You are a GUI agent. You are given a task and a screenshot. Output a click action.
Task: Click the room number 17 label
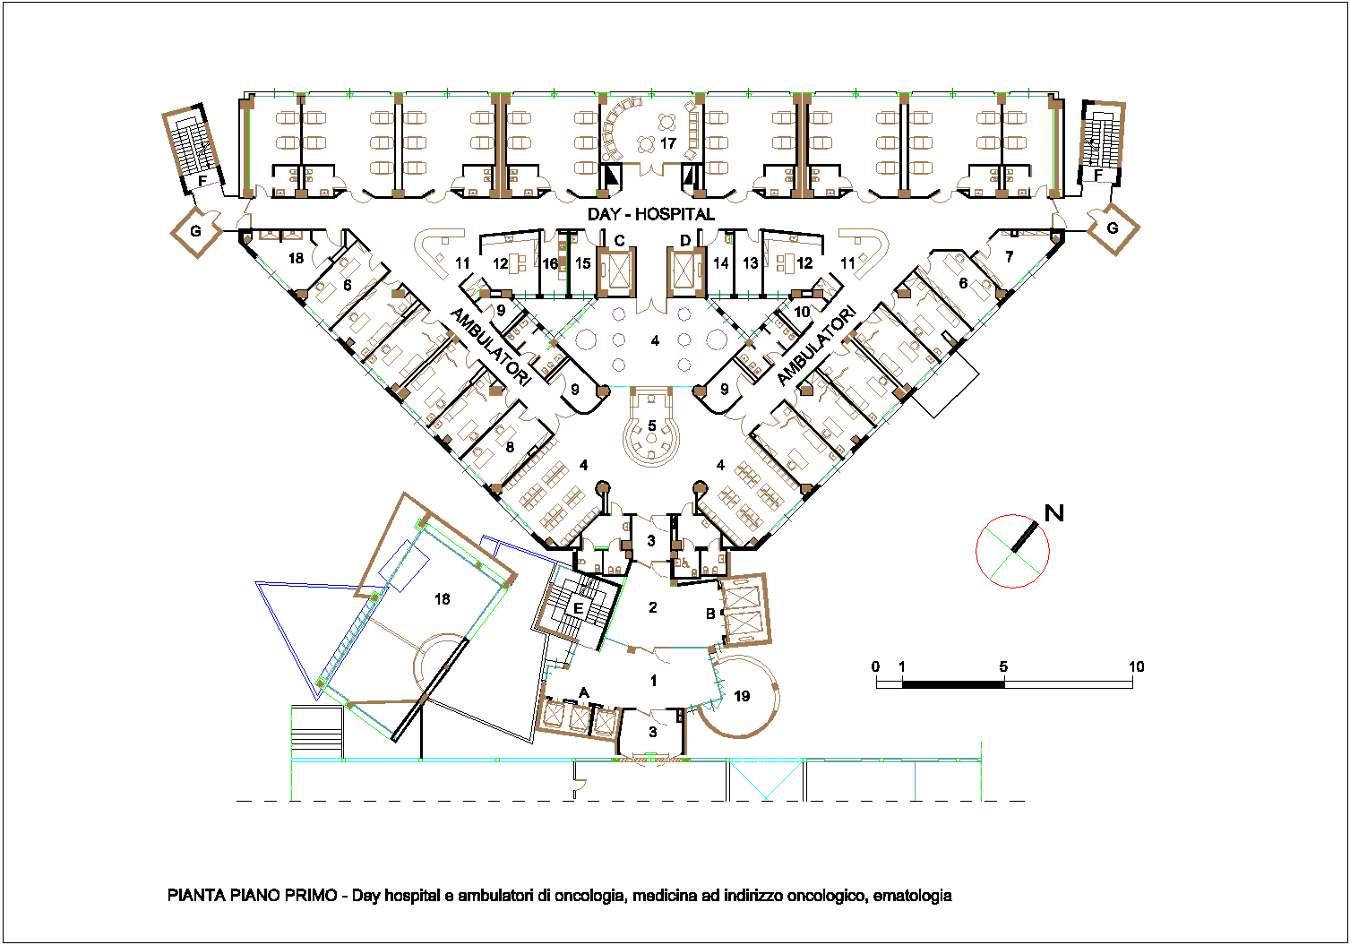(x=667, y=143)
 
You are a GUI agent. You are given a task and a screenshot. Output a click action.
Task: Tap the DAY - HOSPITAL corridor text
(x=651, y=214)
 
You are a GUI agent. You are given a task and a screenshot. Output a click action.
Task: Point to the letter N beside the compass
(x=1053, y=513)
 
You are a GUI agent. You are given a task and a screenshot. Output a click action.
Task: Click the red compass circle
(x=976, y=551)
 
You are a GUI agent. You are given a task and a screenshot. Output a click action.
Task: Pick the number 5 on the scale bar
(x=1002, y=666)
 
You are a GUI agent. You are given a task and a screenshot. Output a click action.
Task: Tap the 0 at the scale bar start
(x=875, y=666)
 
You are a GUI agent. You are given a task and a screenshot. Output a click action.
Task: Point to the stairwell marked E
(x=578, y=609)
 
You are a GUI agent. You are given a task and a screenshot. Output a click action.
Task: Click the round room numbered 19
(x=743, y=697)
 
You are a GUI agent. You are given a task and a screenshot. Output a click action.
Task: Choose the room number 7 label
(x=1009, y=257)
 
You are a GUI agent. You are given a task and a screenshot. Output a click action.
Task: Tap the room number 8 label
(x=510, y=447)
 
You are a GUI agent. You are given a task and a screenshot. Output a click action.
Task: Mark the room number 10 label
(x=802, y=313)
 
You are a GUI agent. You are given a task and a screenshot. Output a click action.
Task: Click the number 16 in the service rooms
(x=550, y=263)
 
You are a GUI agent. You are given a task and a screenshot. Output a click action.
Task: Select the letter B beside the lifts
(x=710, y=614)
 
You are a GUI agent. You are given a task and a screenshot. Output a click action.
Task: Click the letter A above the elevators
(x=583, y=693)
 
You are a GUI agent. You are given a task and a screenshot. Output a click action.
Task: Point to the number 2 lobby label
(x=653, y=607)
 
